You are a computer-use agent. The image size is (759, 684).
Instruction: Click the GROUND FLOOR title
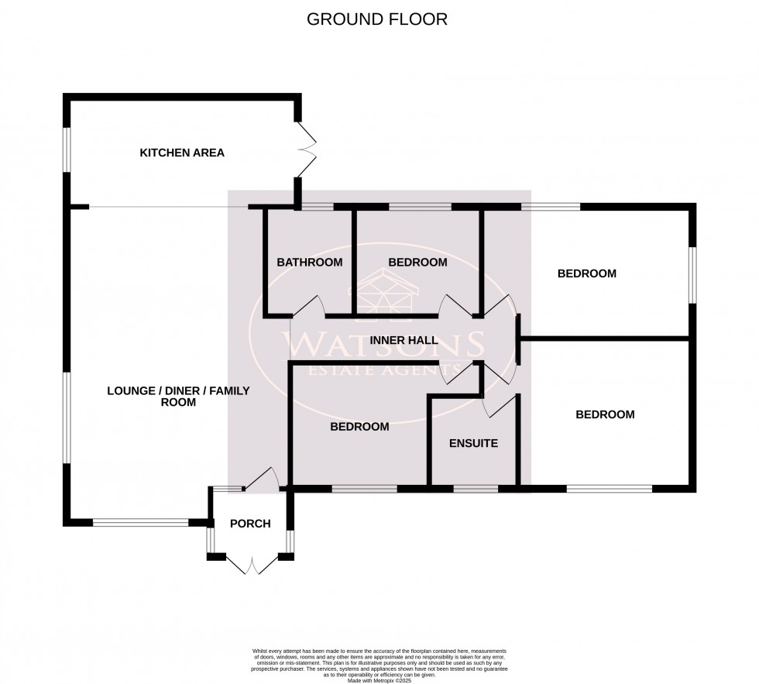click(x=377, y=19)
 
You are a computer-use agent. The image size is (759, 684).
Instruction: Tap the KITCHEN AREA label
click(x=182, y=153)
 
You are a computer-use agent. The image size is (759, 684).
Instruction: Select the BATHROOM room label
click(x=310, y=263)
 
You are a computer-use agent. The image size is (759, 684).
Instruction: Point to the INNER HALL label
click(x=404, y=340)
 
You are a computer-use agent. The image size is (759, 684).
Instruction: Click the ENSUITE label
click(x=473, y=444)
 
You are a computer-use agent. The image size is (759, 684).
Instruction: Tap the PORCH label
click(x=250, y=524)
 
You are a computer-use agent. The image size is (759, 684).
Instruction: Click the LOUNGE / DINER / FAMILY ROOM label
click(x=178, y=397)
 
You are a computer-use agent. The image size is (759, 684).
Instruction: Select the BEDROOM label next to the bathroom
click(x=417, y=263)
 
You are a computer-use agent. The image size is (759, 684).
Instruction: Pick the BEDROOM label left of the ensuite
click(x=359, y=426)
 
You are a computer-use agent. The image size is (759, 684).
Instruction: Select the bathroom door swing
click(x=310, y=306)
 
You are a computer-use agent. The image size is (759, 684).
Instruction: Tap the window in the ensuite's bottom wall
click(x=476, y=489)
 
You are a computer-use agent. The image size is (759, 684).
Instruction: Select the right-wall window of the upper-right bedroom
click(x=693, y=275)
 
